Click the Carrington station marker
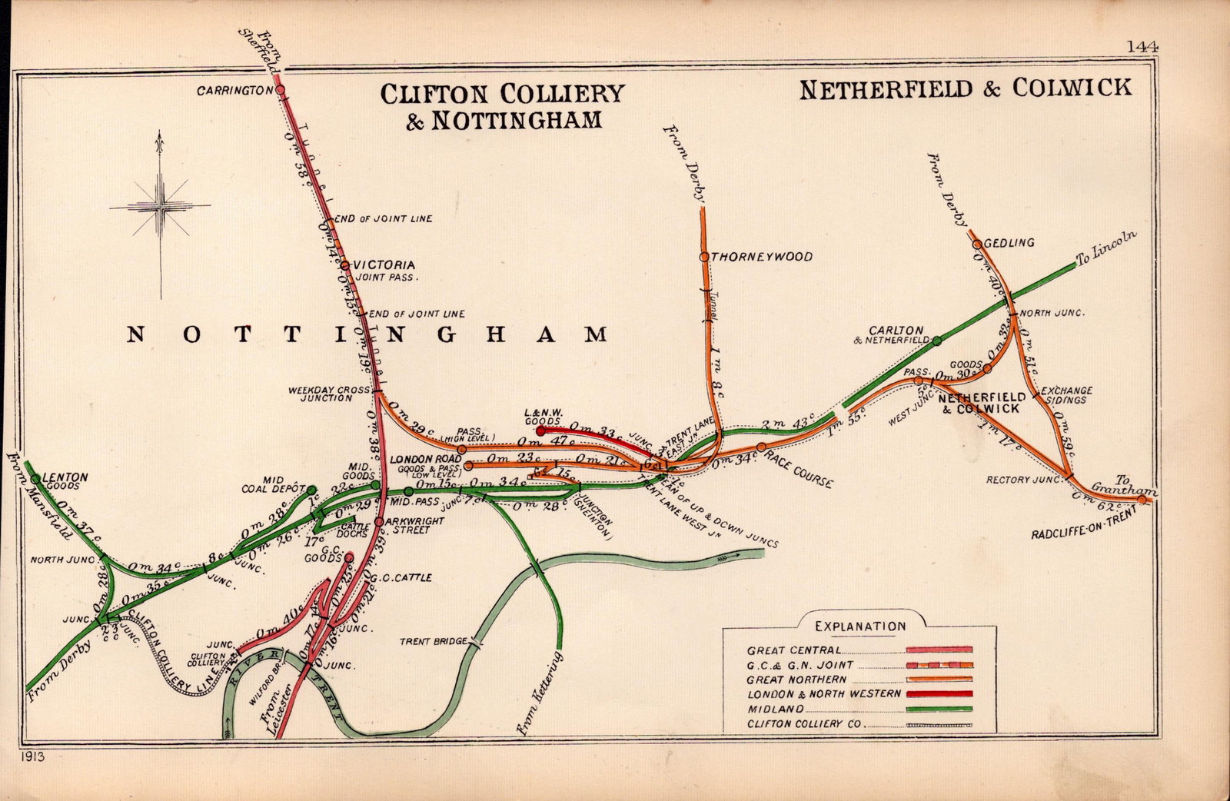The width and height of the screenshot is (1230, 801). coord(280,90)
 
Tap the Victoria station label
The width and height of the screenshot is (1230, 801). coord(384,264)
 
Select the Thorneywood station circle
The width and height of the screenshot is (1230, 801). coord(704,257)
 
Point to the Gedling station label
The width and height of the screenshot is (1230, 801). coord(1009,243)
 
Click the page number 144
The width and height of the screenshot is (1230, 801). coord(1142,47)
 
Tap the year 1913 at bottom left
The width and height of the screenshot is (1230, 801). coord(34,756)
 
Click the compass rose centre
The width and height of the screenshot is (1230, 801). coord(160,206)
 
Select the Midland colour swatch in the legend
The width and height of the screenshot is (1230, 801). coord(939,709)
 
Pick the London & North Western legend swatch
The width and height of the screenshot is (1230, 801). coord(939,693)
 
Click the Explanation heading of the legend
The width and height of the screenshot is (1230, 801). coord(860,627)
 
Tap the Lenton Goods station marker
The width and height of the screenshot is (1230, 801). coord(35,478)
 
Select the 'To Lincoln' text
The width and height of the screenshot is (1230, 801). coord(1105,248)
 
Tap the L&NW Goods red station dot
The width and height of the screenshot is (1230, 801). coord(540,430)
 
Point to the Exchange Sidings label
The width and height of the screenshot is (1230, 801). coord(1066,395)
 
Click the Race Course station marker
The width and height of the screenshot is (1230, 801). coord(761,447)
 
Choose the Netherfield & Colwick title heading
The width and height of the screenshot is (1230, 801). coord(966,88)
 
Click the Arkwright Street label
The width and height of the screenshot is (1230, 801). coord(415,525)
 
